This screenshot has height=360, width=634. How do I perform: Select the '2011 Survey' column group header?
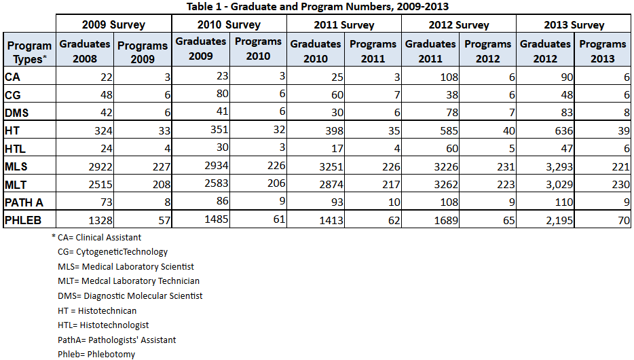pos(344,24)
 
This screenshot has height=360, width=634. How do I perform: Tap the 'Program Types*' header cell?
pos(29,52)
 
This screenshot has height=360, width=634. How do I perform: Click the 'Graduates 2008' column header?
pos(85,52)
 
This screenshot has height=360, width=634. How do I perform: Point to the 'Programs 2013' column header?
pos(603,52)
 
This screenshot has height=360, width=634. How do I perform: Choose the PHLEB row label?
pos(23,220)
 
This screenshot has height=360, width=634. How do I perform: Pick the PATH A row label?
pos(24,202)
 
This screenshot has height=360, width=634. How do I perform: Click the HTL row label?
pos(15,149)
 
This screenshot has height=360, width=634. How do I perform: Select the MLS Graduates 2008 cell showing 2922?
pos(100,166)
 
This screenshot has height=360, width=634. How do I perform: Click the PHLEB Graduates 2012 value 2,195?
pos(559,221)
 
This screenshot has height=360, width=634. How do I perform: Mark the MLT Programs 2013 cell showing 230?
pos(620,185)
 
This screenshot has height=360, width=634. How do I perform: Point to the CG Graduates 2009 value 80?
pos(223,94)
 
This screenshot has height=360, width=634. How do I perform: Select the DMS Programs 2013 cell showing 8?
pos(627,113)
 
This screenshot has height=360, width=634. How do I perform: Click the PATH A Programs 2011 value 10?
pos(394,202)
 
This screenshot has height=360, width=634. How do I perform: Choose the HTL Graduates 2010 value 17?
pos(337,149)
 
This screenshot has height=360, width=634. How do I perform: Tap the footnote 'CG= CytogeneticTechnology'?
pos(113,252)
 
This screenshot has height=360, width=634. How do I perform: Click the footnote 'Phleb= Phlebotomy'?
pos(96,355)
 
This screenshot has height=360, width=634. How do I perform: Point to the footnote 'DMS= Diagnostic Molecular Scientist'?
pos(130,295)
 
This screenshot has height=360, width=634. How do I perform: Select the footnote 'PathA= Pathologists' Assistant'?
pos(117,340)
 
